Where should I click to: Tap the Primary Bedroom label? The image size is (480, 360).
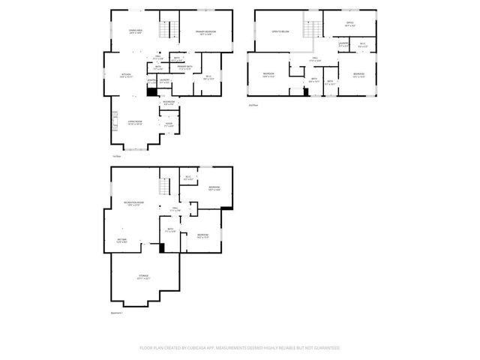(x=205, y=32)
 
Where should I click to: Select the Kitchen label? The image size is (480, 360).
(x=128, y=75)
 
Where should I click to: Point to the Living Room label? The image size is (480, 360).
(x=135, y=121)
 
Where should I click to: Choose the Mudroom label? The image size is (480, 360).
(x=169, y=102)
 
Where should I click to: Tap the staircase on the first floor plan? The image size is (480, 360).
(x=172, y=31)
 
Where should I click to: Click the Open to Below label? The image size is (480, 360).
(x=280, y=32)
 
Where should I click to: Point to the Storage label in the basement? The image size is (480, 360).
(x=142, y=277)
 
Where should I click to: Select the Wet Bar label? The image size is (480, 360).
(x=121, y=241)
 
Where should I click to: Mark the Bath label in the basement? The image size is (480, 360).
(x=171, y=231)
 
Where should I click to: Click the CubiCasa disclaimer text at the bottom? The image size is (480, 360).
(x=240, y=348)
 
